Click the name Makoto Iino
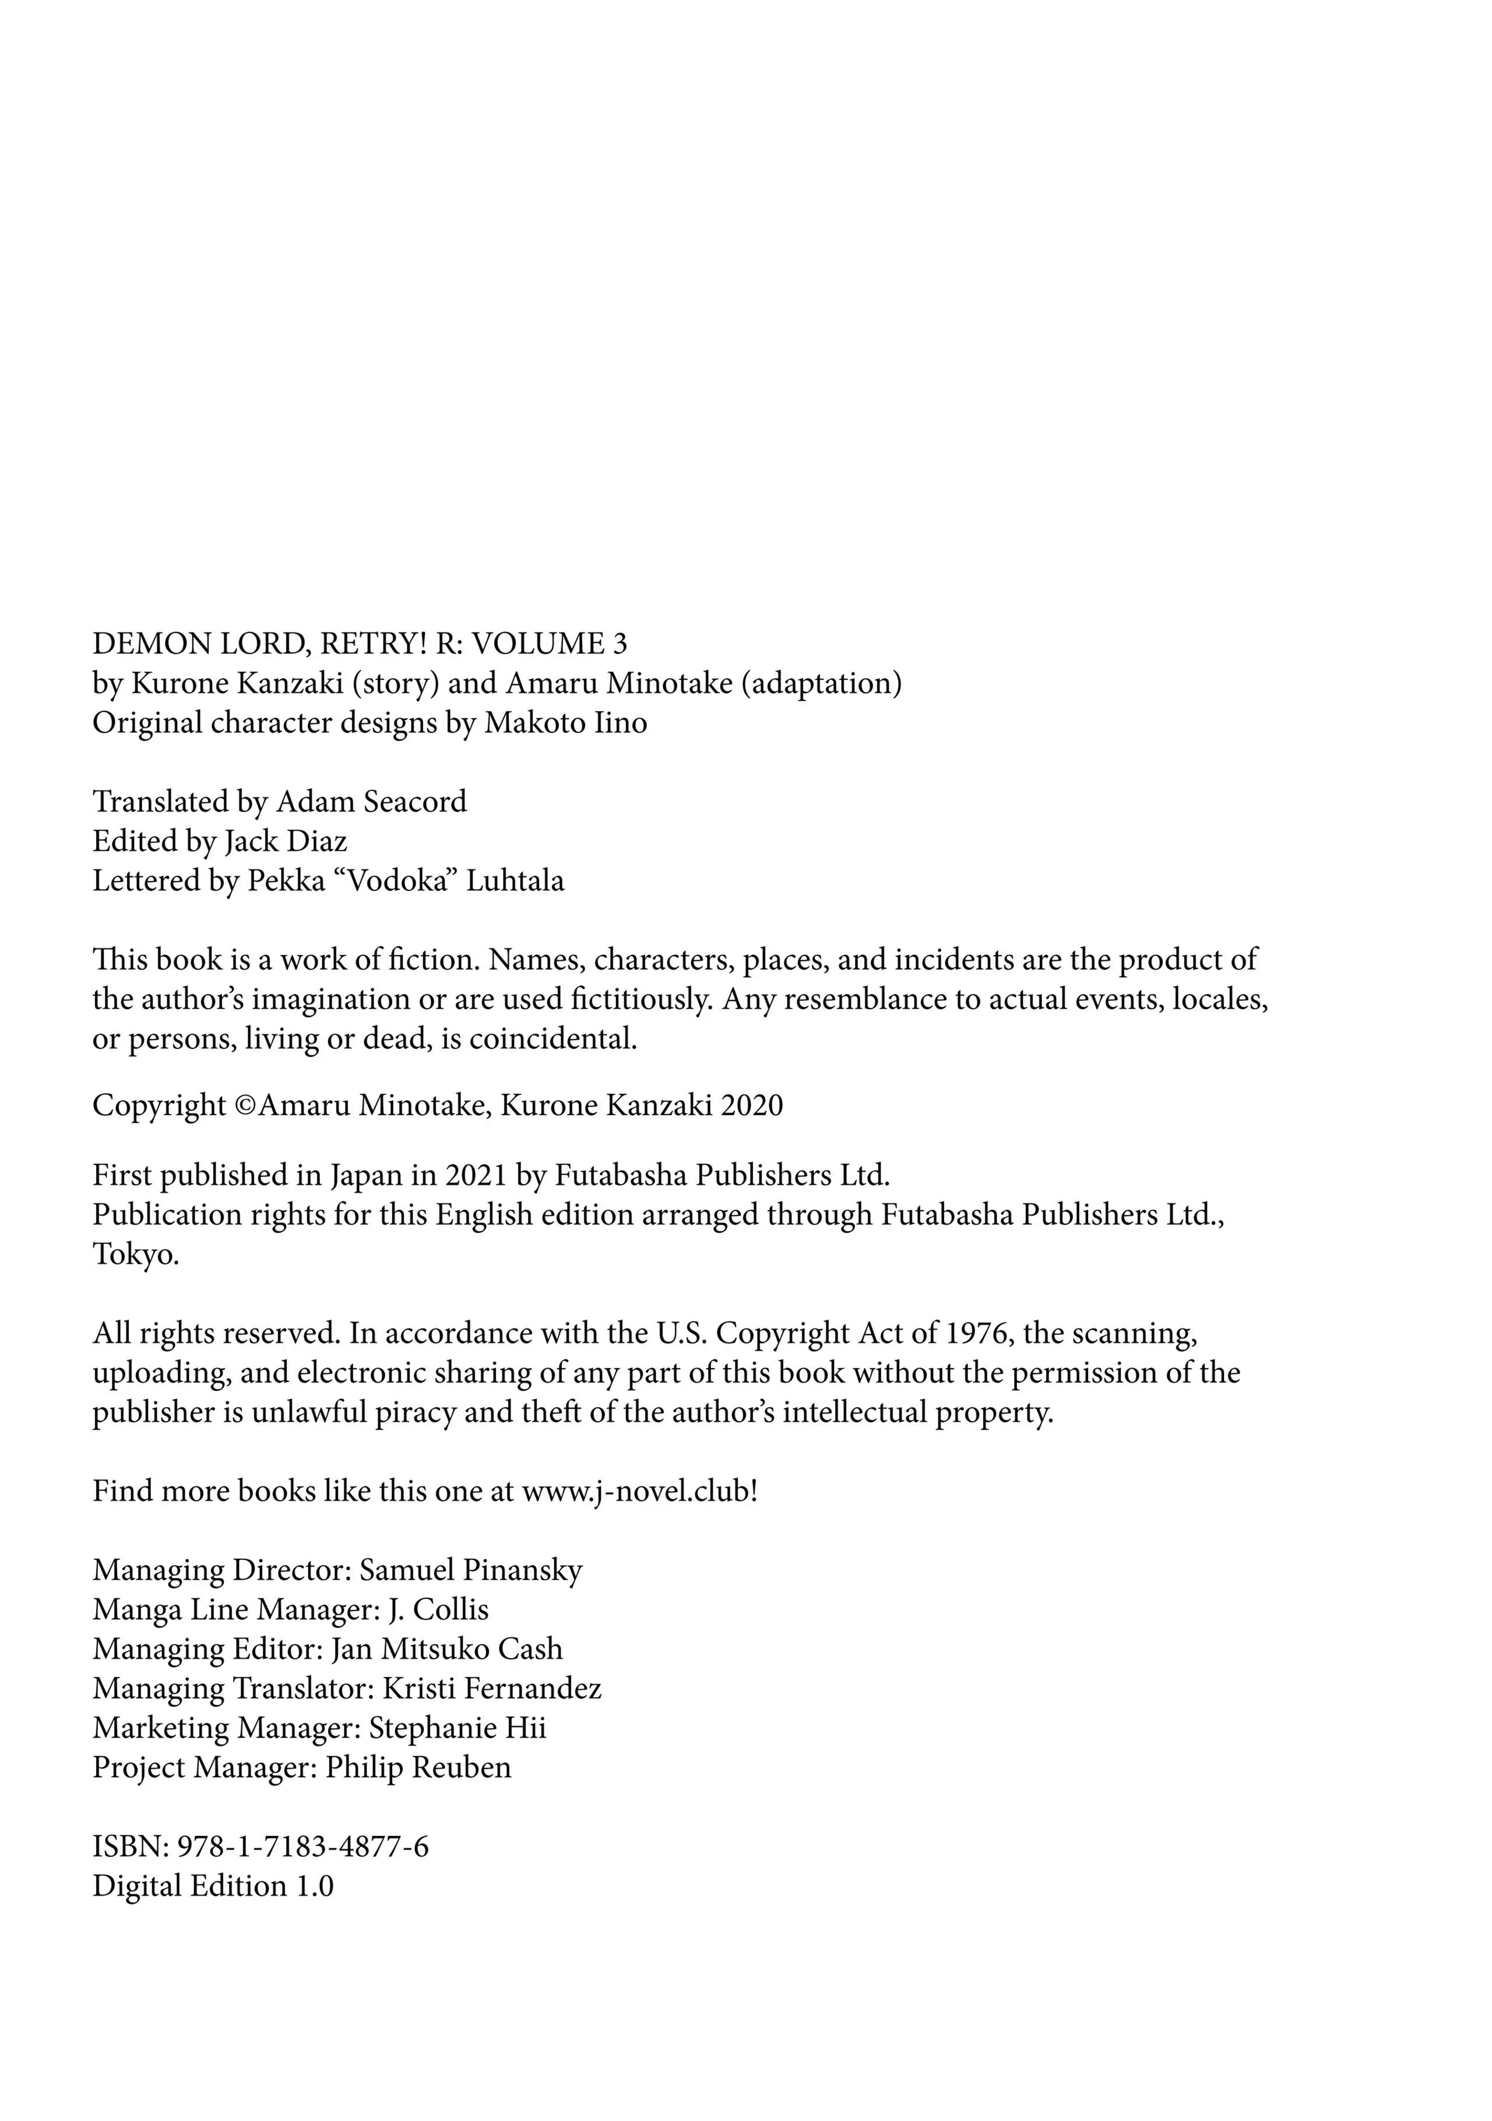[x=565, y=723]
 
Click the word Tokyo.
[x=135, y=1255]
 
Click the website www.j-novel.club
[x=638, y=1491]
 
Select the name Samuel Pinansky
[x=471, y=1570]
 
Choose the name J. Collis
[x=438, y=1609]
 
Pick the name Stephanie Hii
[x=458, y=1728]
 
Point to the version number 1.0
[x=314, y=1886]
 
